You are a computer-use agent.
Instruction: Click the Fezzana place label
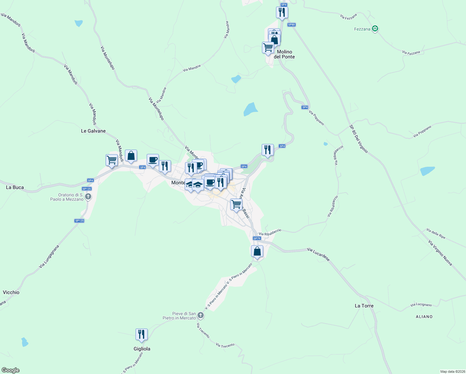[362, 29]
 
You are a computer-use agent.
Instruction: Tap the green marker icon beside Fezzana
[375, 29]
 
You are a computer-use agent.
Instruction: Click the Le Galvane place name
[93, 131]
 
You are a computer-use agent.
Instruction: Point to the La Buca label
[15, 187]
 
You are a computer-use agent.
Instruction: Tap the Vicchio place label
[11, 292]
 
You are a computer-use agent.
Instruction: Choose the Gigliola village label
[142, 349]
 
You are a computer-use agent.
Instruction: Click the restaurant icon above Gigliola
[141, 334]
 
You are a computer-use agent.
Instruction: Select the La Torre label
[364, 306]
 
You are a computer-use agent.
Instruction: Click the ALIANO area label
[424, 317]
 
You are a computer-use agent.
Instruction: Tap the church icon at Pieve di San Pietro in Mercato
[201, 315]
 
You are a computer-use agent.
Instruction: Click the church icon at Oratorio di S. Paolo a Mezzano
[88, 197]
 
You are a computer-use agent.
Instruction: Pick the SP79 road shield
[257, 238]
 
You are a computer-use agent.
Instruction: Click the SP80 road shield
[291, 25]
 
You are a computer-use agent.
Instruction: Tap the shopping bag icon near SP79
[257, 251]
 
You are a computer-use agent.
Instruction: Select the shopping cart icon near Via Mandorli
[112, 160]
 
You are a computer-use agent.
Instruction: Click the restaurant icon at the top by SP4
[282, 12]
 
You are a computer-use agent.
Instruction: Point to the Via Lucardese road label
[318, 254]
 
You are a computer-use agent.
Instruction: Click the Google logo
[11, 370]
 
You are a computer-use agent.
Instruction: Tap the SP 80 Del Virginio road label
[359, 139]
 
